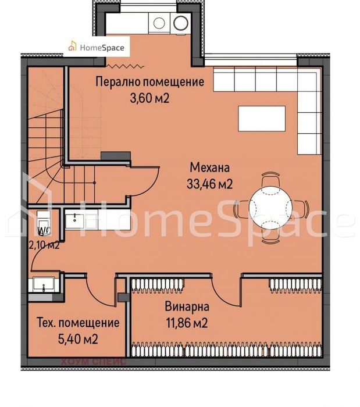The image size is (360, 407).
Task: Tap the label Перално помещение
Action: point(149,82)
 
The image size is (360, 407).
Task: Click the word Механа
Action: point(210,168)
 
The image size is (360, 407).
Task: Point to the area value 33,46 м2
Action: point(210,184)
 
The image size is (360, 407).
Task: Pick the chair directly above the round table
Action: point(270,178)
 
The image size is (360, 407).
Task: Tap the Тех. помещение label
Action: point(78,323)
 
